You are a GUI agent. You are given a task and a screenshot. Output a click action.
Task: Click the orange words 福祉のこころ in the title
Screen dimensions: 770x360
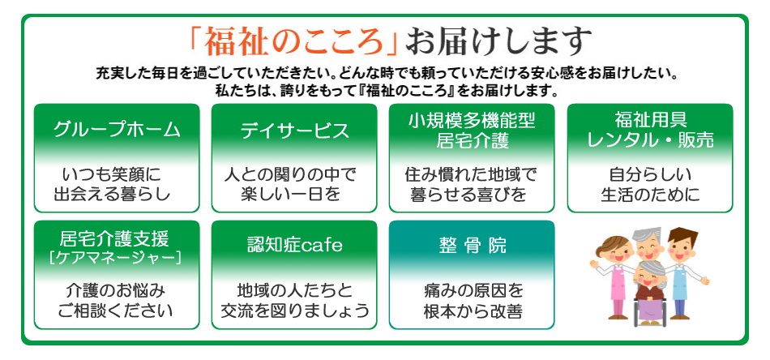(x=294, y=41)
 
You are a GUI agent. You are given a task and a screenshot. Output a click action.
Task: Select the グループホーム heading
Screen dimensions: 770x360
(x=117, y=130)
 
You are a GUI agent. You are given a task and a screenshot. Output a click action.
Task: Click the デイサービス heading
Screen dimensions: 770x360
(x=295, y=131)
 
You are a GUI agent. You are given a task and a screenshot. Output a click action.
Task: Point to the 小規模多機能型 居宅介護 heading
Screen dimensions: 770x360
(x=473, y=131)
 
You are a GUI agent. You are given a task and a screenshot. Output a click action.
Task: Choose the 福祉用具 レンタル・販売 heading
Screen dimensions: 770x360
(x=650, y=131)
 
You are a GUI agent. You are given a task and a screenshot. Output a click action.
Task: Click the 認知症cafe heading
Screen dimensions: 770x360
(x=295, y=245)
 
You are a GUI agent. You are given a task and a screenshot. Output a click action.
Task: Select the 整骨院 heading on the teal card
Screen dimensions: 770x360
(x=473, y=246)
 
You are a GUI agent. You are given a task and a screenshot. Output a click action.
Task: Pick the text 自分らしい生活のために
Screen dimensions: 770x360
(x=650, y=185)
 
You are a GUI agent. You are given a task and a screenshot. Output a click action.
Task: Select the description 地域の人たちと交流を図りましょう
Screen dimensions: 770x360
(x=295, y=301)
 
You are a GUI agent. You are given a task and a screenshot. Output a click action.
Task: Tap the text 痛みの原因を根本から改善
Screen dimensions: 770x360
(x=473, y=301)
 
